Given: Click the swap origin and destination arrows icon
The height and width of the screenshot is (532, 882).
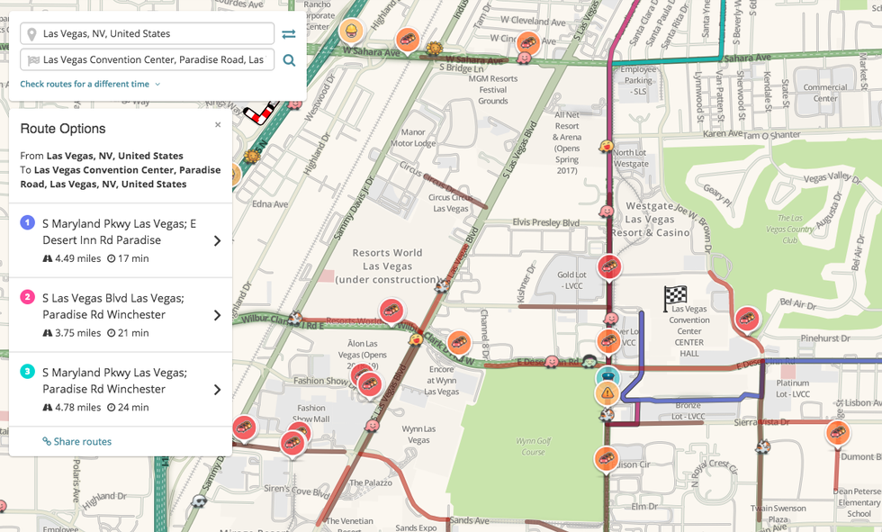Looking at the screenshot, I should [288, 34].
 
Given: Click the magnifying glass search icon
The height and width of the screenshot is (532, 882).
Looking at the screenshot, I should [289, 60].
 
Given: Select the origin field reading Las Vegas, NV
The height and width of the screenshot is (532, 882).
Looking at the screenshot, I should [148, 34].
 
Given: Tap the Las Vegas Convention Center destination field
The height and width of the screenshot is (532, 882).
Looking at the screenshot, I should [148, 60].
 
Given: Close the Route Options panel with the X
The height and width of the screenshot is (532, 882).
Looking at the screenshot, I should [218, 125].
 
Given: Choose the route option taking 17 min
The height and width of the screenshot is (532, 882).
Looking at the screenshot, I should [121, 240].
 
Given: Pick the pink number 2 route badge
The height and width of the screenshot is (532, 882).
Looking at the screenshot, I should [28, 297].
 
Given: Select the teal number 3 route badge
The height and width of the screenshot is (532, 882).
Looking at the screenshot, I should [28, 371].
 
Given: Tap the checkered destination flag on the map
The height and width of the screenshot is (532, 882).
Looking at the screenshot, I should [675, 297].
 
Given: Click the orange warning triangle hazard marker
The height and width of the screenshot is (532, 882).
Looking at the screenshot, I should [607, 392].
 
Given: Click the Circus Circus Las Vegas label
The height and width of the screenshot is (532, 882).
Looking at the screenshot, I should [451, 203].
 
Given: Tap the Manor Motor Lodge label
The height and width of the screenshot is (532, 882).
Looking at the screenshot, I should [413, 138].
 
